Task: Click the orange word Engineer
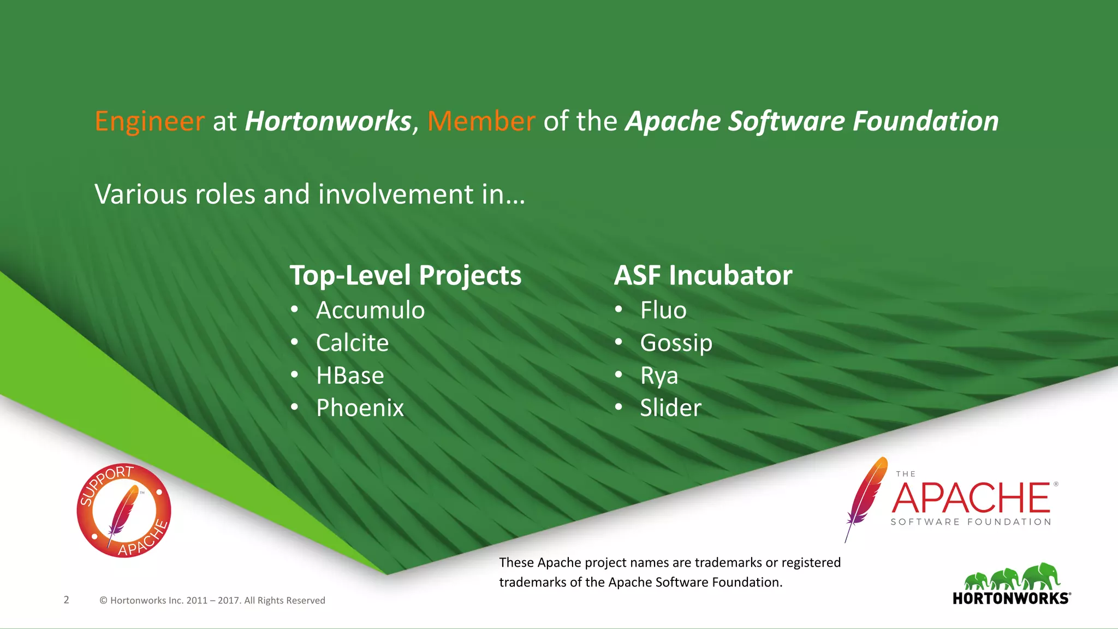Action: click(150, 121)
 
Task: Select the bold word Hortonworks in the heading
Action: click(328, 121)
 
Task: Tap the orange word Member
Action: click(481, 121)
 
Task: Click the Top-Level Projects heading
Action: click(405, 275)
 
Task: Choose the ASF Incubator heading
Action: click(703, 275)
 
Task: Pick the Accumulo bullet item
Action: click(370, 310)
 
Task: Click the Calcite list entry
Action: click(352, 343)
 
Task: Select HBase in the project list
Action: click(350, 376)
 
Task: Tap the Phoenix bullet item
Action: click(360, 408)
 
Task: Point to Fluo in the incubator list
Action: click(663, 310)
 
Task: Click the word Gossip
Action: click(676, 343)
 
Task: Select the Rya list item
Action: click(659, 376)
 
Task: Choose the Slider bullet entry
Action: click(670, 408)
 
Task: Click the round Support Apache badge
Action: click(124, 511)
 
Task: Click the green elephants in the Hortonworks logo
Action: click(1012, 578)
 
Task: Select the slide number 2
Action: click(67, 600)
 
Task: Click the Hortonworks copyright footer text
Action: click(212, 600)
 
